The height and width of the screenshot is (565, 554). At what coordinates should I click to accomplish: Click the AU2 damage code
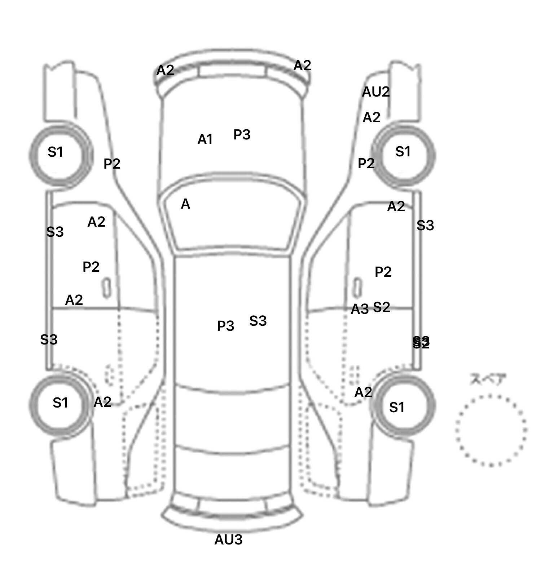pos(376,92)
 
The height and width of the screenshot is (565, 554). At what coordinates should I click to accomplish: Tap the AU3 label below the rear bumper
pos(228,540)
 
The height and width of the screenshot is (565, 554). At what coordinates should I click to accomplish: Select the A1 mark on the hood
pos(205,139)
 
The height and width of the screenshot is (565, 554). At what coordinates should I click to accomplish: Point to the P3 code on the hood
pos(242,135)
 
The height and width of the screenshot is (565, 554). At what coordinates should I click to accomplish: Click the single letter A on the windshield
pos(185,204)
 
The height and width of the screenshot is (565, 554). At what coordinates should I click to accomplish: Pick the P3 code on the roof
pos(225,326)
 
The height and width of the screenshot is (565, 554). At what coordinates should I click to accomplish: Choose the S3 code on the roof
pos(258,321)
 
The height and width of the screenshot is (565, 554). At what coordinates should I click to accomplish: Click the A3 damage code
pos(360,309)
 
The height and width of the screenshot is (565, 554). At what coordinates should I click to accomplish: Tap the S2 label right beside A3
pos(381,307)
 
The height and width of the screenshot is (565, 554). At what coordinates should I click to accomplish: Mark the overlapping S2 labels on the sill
pos(421,343)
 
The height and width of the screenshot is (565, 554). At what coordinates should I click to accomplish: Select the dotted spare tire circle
pos(491,430)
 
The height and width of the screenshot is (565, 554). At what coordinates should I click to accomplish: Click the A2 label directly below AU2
pos(371,117)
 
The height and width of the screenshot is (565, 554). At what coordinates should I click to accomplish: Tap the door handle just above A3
pos(357,287)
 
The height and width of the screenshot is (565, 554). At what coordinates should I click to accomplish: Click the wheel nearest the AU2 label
pos(403,155)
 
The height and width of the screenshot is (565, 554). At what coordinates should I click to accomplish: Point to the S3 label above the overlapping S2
pos(425,226)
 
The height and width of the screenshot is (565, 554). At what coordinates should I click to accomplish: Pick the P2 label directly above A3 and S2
pos(383,272)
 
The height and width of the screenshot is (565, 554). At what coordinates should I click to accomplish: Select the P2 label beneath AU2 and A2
pos(366,164)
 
